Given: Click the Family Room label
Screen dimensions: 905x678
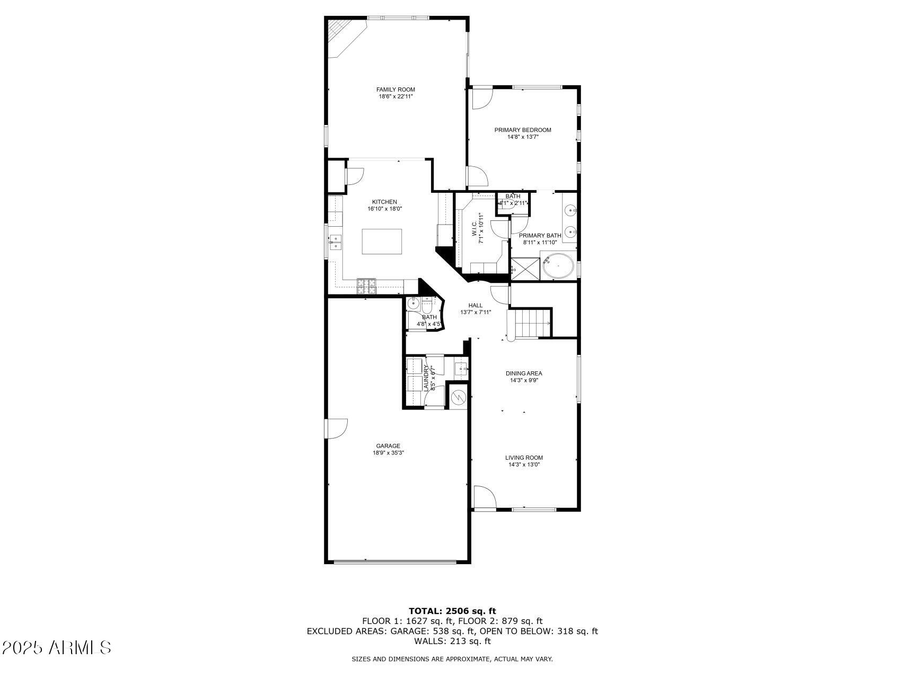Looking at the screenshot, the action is point(396,90).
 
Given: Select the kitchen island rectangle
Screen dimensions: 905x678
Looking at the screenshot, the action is point(382,242).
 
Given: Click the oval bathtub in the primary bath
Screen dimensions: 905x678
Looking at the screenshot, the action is point(558,266).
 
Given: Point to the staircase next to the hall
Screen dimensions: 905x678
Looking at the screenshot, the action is point(530,323).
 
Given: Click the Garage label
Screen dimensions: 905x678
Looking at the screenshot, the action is point(388,446).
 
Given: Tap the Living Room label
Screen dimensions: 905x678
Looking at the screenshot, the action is point(524,458).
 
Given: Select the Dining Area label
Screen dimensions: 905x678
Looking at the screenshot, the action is point(524,373).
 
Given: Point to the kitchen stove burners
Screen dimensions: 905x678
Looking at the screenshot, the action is point(366,286).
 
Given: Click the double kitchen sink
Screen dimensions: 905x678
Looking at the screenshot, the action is point(335,243).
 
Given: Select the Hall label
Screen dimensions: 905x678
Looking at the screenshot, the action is point(476,306).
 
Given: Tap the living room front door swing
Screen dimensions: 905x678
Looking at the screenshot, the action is point(484,497).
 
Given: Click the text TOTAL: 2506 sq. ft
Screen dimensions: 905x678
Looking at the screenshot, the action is point(452,611).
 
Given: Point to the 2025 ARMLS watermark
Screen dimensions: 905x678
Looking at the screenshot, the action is point(57,647).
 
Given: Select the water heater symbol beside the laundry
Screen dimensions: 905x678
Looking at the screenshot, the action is point(458,396).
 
